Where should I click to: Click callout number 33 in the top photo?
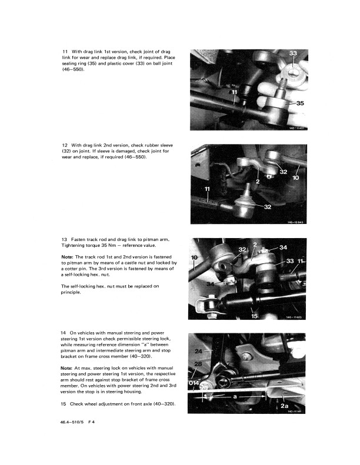293,53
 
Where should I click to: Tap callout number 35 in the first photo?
300,103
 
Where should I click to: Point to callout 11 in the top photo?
235,92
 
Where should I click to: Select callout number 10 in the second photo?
296,178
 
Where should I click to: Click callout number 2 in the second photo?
258,181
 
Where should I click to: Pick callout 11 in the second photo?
207,189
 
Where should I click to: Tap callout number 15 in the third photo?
254,316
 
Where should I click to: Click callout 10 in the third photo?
194,257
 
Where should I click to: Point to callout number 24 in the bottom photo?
198,352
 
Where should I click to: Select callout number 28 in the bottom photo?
198,364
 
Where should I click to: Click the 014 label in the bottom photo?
194,383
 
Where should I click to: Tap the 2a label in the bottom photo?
284,406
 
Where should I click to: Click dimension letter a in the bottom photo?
235,396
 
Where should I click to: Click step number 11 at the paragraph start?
65,52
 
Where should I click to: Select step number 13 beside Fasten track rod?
64,239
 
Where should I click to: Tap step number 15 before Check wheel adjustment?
63,404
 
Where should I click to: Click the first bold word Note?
67,257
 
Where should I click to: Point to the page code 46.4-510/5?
72,422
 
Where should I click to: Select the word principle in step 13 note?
71,292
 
